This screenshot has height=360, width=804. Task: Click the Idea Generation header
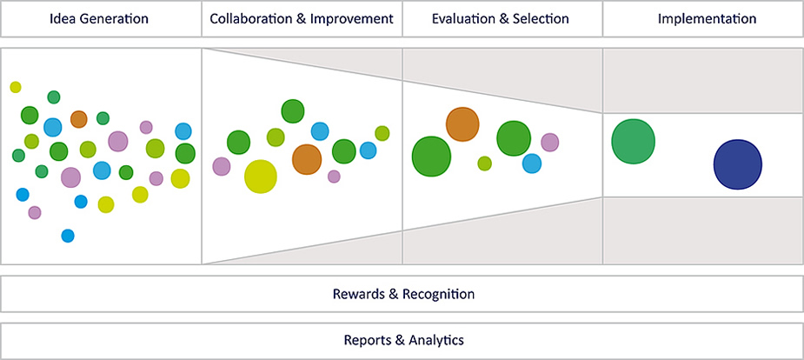click(x=101, y=18)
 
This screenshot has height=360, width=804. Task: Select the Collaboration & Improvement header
click(x=302, y=18)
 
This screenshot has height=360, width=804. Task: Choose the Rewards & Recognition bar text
click(x=403, y=294)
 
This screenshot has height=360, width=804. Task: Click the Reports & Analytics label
click(x=403, y=340)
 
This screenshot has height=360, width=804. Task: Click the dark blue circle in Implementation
click(x=737, y=163)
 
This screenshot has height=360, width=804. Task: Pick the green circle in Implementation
click(x=633, y=141)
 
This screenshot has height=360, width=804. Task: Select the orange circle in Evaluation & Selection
click(x=462, y=124)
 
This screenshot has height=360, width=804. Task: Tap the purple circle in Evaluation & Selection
click(x=549, y=142)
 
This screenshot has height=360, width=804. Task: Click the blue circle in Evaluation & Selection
click(x=532, y=163)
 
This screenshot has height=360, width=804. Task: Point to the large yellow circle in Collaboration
click(x=261, y=177)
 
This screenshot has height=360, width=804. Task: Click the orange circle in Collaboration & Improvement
click(x=306, y=159)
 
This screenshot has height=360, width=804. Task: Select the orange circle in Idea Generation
click(x=78, y=119)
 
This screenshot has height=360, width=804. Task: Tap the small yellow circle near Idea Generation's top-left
click(x=16, y=87)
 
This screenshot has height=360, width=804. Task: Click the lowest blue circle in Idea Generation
click(x=68, y=236)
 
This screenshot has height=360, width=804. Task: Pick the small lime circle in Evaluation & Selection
click(x=485, y=163)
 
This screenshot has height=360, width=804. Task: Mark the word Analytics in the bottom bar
click(x=435, y=340)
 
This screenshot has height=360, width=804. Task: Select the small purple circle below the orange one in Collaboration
click(x=334, y=177)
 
